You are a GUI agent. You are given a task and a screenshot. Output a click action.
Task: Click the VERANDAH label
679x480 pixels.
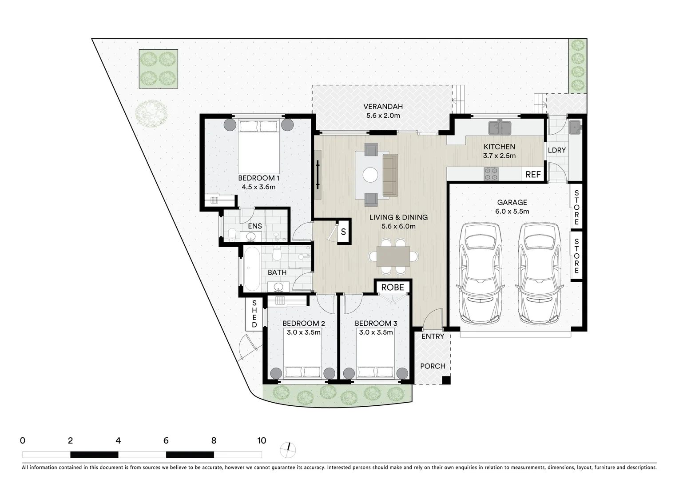(383, 107)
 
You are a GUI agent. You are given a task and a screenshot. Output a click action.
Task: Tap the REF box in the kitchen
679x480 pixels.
(533, 174)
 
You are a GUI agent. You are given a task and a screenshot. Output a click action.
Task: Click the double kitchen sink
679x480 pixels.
(500, 128)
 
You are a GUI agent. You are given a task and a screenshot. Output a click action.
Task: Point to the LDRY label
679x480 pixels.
(556, 150)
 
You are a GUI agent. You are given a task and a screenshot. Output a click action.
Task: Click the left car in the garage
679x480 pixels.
(481, 273)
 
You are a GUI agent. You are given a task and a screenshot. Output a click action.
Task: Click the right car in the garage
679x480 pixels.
(539, 273)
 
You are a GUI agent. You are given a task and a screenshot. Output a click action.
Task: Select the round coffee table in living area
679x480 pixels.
(370, 174)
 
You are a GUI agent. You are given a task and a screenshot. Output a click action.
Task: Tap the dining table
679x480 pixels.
(393, 256)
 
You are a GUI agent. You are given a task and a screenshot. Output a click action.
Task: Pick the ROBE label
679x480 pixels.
(393, 287)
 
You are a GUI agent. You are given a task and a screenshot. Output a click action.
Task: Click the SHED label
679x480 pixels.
(254, 314)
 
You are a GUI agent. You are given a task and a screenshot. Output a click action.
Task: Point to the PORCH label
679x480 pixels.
(433, 366)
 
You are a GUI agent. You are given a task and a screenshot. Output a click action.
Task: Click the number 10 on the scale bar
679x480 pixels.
(262, 440)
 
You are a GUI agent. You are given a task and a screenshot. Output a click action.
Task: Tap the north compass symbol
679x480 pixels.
(288, 450)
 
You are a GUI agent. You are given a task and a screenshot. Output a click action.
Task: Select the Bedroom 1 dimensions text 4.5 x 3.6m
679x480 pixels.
(258, 187)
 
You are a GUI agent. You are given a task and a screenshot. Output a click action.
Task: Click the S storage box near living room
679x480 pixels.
(343, 232)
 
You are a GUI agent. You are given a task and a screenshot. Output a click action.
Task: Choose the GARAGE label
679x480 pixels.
(512, 202)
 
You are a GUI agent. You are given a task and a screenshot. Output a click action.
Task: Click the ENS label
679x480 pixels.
(254, 226)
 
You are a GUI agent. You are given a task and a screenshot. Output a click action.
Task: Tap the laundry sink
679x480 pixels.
(576, 127)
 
